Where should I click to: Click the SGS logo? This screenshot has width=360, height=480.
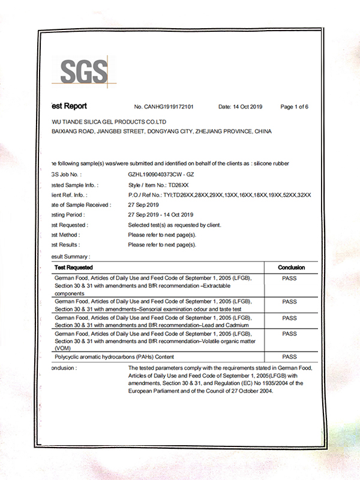click(83, 71)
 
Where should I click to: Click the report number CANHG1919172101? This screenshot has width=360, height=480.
click(164, 107)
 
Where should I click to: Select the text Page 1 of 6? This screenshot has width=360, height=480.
click(294, 107)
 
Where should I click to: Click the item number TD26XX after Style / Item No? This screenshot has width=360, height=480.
click(179, 184)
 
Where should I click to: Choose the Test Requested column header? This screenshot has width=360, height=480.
click(74, 267)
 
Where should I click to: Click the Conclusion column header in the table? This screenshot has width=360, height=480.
click(292, 267)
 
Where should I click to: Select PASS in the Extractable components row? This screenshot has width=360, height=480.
click(289, 279)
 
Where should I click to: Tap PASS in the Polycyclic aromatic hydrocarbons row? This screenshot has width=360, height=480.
click(289, 356)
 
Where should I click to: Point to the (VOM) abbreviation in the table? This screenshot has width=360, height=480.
click(62, 348)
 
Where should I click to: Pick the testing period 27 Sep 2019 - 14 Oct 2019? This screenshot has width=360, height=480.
click(161, 214)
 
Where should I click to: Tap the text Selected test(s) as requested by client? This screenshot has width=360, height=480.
click(175, 224)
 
